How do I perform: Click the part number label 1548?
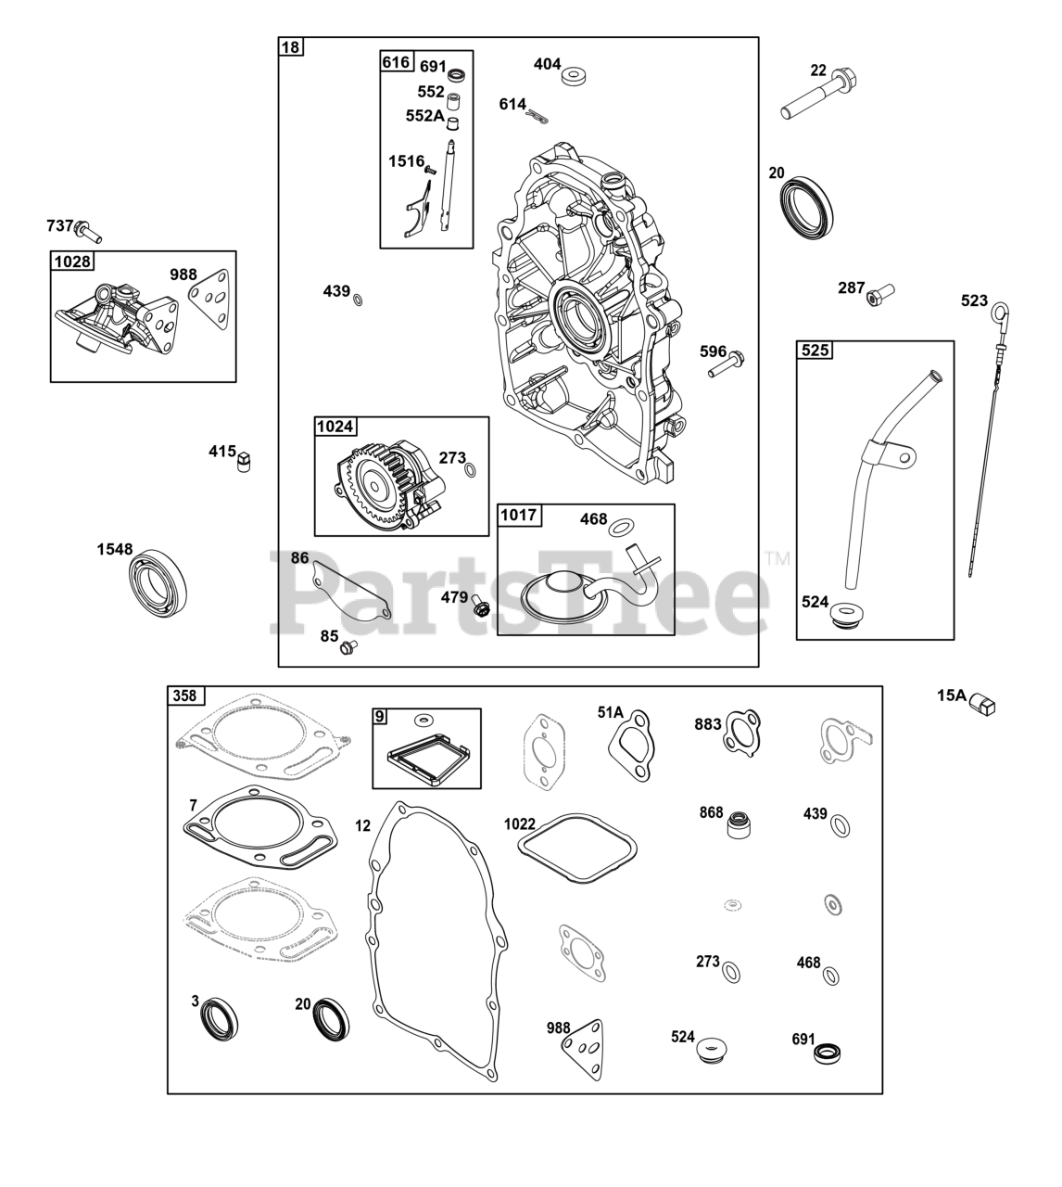(115, 550)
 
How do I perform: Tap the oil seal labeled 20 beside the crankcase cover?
(809, 207)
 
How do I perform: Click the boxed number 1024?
(335, 427)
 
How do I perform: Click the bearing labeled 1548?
(157, 581)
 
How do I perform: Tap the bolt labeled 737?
(88, 228)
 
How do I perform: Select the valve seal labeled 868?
(740, 823)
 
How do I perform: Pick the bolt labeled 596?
(727, 364)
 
